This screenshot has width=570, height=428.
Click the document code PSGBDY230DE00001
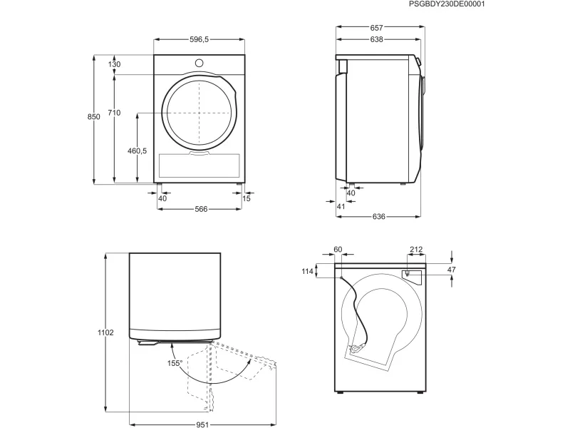pyautogui.click(x=447, y=4)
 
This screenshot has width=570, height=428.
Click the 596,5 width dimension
pyautogui.click(x=199, y=40)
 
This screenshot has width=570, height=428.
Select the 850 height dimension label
pyautogui.click(x=94, y=117)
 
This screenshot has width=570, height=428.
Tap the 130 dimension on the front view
pyautogui.click(x=114, y=64)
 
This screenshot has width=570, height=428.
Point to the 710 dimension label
pyautogui.click(x=114, y=113)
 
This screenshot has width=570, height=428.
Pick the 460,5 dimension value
pyautogui.click(x=137, y=151)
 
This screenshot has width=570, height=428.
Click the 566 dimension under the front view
pyautogui.click(x=201, y=209)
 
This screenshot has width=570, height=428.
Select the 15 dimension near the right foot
pyautogui.click(x=247, y=198)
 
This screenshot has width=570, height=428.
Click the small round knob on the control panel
pyautogui.click(x=199, y=63)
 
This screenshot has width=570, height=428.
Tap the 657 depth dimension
pyautogui.click(x=377, y=28)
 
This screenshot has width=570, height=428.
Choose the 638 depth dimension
pyautogui.click(x=377, y=39)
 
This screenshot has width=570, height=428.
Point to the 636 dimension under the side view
pyautogui.click(x=379, y=217)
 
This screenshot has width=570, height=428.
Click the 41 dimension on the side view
pyautogui.click(x=341, y=206)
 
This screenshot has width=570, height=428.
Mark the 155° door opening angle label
pyautogui.click(x=175, y=363)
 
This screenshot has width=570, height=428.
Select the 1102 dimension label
pyautogui.click(x=105, y=332)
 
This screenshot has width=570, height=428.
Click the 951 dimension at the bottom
pyautogui.click(x=203, y=424)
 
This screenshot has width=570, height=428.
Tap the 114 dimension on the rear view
pyautogui.click(x=308, y=271)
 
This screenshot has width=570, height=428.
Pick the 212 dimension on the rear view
pyautogui.click(x=416, y=249)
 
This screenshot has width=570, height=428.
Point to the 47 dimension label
pyautogui.click(x=451, y=270)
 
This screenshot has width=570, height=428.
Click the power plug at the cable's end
pyautogui.click(x=355, y=349)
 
